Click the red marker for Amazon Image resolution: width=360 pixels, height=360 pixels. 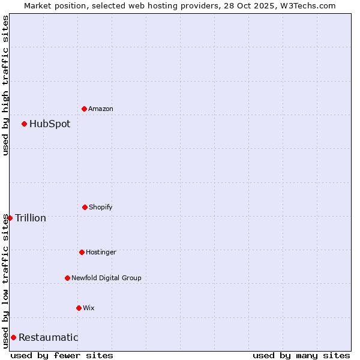[x=84, y=109]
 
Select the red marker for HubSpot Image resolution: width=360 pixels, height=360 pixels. [x=24, y=124]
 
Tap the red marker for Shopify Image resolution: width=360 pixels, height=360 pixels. [x=85, y=207]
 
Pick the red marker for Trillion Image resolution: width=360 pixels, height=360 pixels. [x=10, y=218]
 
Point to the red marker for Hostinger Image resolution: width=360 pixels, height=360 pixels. [x=82, y=252]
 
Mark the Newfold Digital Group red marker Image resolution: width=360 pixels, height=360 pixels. [x=67, y=278]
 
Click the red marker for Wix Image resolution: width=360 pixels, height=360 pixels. [x=79, y=308]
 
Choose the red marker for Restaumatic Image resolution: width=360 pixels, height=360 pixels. [x=13, y=337]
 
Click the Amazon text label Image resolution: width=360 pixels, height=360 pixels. [x=101, y=109]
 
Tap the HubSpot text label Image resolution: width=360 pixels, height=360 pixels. [x=50, y=124]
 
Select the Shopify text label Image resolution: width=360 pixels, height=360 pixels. [x=101, y=207]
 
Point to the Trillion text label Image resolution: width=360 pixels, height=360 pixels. [x=31, y=218]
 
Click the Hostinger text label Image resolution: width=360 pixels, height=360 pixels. [x=101, y=252]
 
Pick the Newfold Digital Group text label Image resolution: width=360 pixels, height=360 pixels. [x=106, y=278]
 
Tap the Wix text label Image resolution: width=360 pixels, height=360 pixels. [x=89, y=308]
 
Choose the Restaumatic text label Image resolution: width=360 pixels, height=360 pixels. [x=48, y=337]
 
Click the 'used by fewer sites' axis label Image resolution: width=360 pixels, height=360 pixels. [x=62, y=355]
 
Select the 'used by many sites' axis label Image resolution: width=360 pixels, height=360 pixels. [x=301, y=355]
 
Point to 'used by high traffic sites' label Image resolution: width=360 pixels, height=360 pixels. [x=5, y=85]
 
